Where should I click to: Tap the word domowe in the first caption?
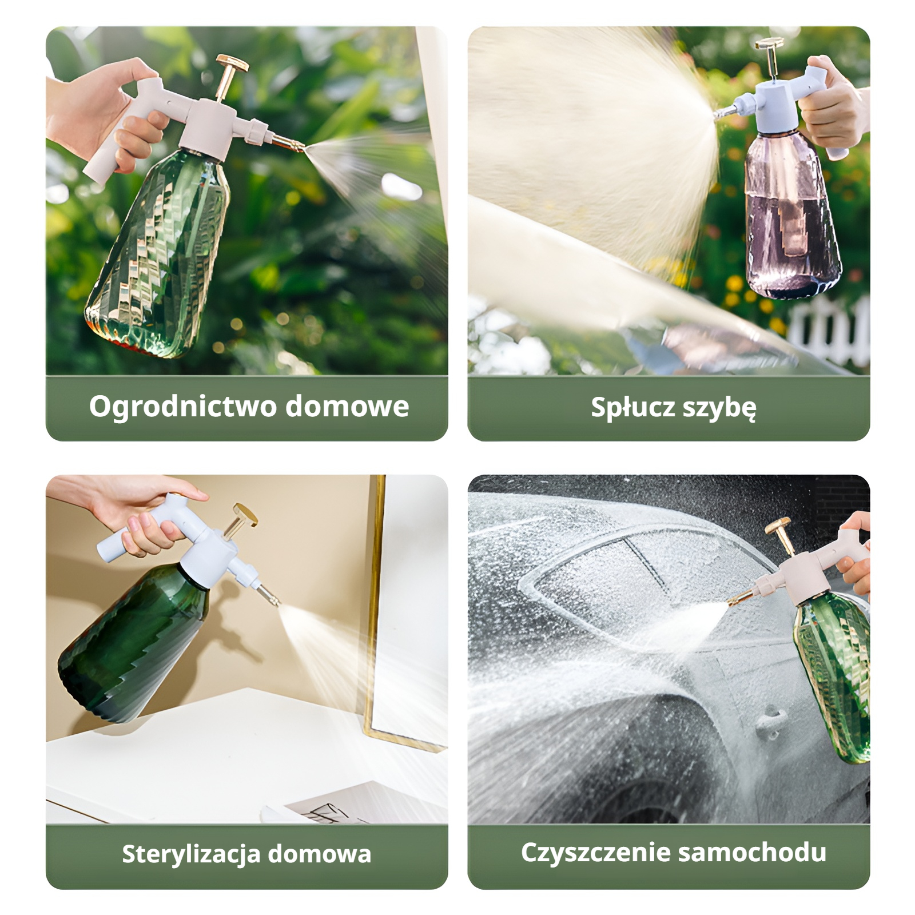click(x=347, y=407)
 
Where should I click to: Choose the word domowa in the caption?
click(x=320, y=854)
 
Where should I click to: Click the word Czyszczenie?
click(x=595, y=852)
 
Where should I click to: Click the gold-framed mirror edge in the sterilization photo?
click(x=375, y=600)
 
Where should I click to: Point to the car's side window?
click(x=618, y=578)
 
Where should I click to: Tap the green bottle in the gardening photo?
click(x=160, y=252)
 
